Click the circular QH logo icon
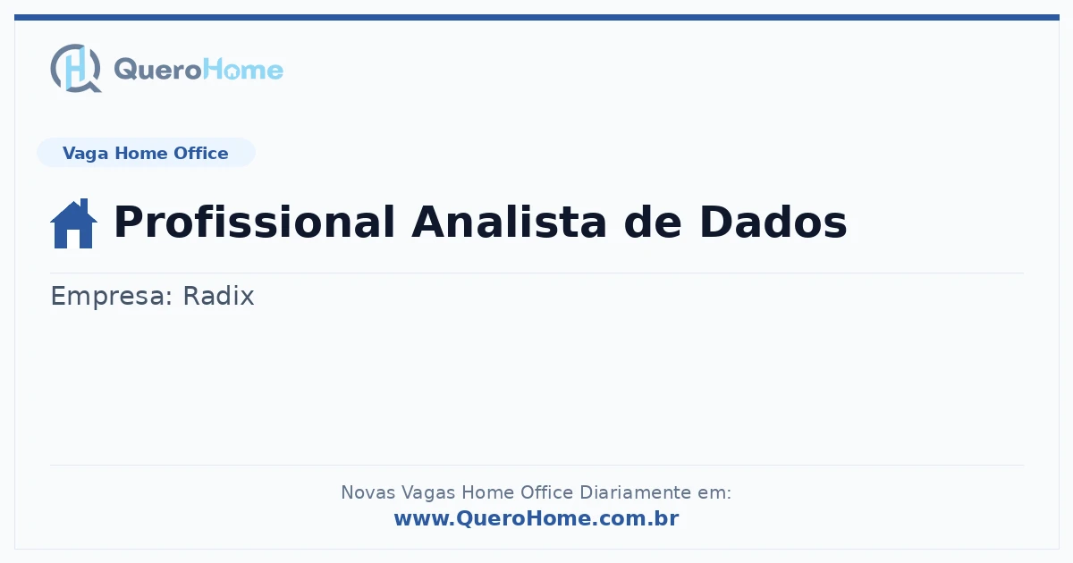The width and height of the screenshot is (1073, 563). [76, 68]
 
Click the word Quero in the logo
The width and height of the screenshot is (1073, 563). [158, 71]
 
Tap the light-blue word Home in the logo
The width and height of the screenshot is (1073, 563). [243, 70]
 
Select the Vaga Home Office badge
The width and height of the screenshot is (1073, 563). [146, 153]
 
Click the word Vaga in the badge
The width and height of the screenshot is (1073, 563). [85, 154]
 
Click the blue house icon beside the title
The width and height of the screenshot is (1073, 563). [73, 223]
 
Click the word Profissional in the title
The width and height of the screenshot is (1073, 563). [254, 222]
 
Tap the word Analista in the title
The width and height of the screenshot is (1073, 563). [509, 222]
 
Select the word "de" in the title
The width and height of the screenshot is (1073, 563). [653, 222]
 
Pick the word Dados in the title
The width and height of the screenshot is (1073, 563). [773, 222]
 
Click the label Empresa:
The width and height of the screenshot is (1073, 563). [112, 297]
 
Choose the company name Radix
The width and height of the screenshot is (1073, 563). [218, 296]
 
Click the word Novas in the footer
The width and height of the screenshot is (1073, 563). [368, 492]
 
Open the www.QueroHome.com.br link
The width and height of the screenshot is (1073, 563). [536, 518]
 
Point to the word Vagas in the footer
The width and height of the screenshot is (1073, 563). [428, 492]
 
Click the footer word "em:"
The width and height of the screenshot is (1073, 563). [714, 492]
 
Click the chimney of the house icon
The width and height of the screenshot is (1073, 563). [84, 205]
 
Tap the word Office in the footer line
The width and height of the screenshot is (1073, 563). [546, 492]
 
